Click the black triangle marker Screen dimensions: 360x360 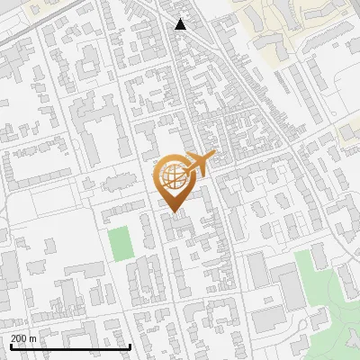coord(181,24)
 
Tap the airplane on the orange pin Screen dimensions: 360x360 coord(197,164)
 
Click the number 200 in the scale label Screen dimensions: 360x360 coord(18,337)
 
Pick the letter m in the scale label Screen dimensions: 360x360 coord(33,337)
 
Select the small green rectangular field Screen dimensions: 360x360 coord(119,244)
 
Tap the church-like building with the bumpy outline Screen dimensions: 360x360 coord(112,184)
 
